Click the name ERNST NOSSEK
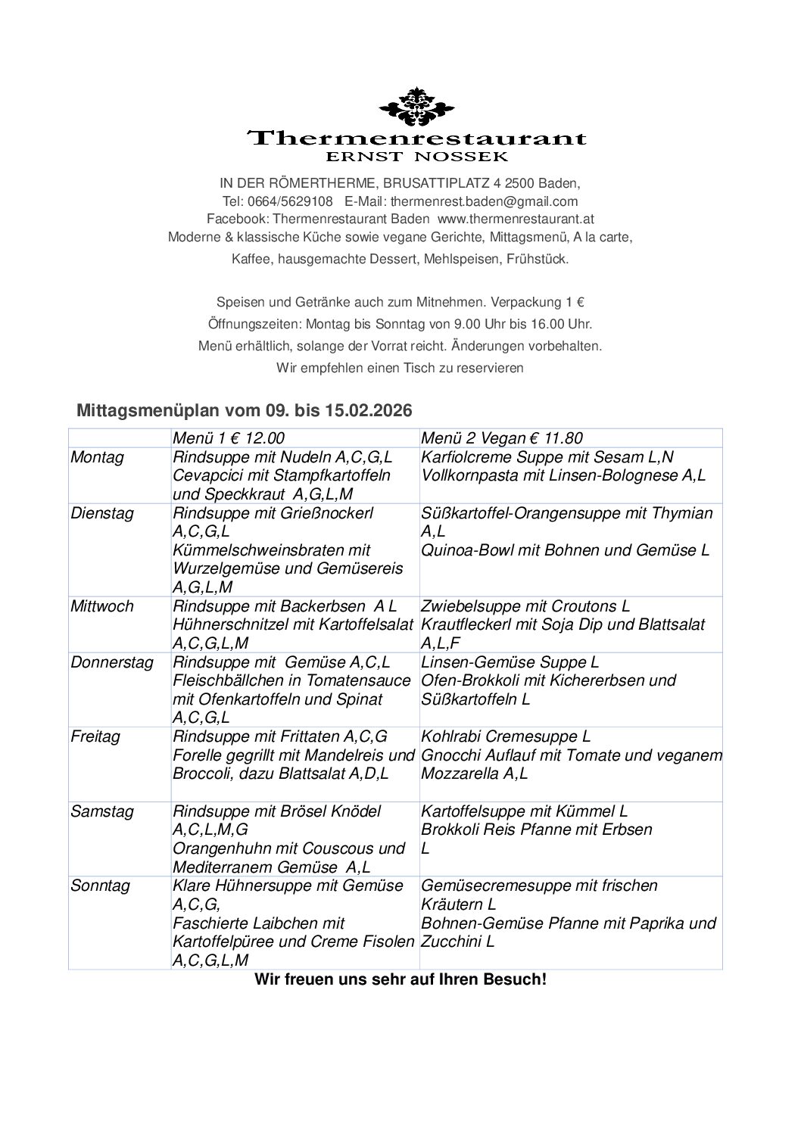click(x=416, y=157)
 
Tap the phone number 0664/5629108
click(x=291, y=201)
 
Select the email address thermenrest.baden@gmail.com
click(x=484, y=201)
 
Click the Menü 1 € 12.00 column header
click(x=229, y=438)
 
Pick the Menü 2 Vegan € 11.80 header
click(x=501, y=438)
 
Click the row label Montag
click(x=97, y=457)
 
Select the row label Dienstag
click(x=101, y=513)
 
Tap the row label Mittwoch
click(x=101, y=606)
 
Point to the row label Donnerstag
click(x=111, y=662)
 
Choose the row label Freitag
click(x=95, y=736)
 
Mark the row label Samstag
click(x=101, y=811)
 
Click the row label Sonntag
click(x=100, y=886)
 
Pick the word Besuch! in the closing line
click(x=513, y=980)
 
